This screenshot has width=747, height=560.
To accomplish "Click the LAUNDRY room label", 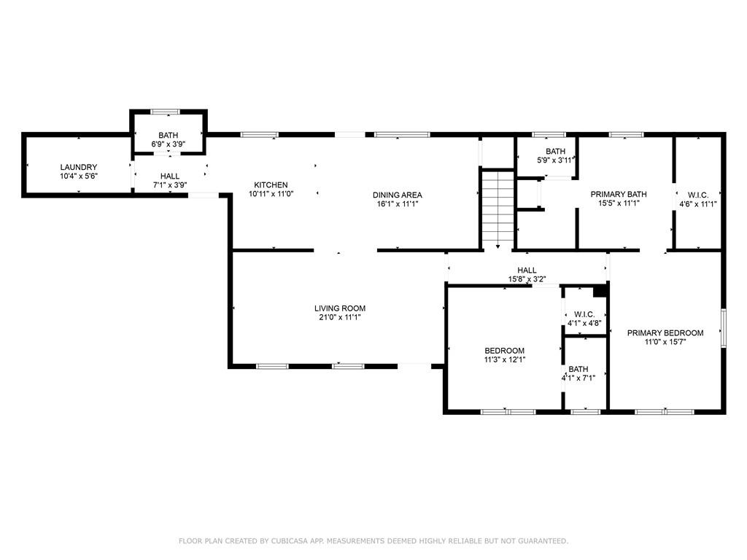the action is pyautogui.click(x=79, y=167).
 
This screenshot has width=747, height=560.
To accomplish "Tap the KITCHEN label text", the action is pyautogui.click(x=271, y=184).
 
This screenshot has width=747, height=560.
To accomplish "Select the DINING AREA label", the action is pyautogui.click(x=398, y=195).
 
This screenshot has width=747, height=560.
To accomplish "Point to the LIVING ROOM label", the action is pyautogui.click(x=340, y=308).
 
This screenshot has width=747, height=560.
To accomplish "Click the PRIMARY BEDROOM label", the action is pyautogui.click(x=665, y=332).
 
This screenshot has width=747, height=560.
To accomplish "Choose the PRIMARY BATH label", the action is pyautogui.click(x=619, y=194).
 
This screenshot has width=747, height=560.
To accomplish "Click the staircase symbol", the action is pyautogui.click(x=498, y=209).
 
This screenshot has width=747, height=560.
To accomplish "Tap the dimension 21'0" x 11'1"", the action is pyautogui.click(x=340, y=317).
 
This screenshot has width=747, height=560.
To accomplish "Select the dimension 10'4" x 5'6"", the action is pyautogui.click(x=79, y=176).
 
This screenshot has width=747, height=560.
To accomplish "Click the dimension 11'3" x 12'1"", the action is pyautogui.click(x=505, y=360).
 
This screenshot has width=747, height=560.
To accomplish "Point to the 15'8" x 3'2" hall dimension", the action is pyautogui.click(x=527, y=279).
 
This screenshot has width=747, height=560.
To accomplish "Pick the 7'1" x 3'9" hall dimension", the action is pyautogui.click(x=169, y=185).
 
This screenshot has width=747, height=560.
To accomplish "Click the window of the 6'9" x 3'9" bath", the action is pyautogui.click(x=166, y=112).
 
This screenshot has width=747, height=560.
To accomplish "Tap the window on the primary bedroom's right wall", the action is pyautogui.click(x=723, y=327).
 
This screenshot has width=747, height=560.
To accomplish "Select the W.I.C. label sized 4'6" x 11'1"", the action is pyautogui.click(x=698, y=195).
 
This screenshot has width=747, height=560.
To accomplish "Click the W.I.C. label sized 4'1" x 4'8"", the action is pyautogui.click(x=584, y=314).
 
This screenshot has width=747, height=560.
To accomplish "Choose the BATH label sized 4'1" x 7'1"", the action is pyautogui.click(x=578, y=369).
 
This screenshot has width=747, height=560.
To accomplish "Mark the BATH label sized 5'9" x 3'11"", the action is pyautogui.click(x=555, y=152).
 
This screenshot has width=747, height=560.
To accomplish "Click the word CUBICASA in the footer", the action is pyautogui.click(x=291, y=541).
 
